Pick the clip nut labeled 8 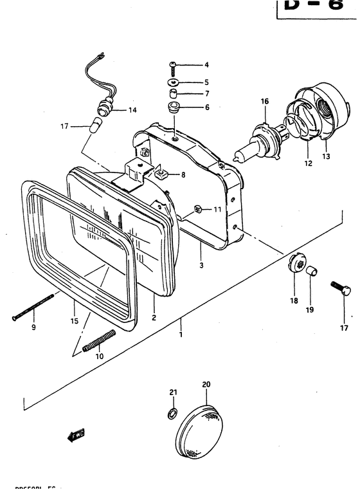click(161, 172)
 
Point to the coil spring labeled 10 click(102, 341)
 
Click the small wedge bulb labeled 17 click(97, 125)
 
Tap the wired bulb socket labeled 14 click(105, 108)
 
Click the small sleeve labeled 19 click(312, 270)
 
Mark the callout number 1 click(181, 334)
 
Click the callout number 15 click(74, 318)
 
